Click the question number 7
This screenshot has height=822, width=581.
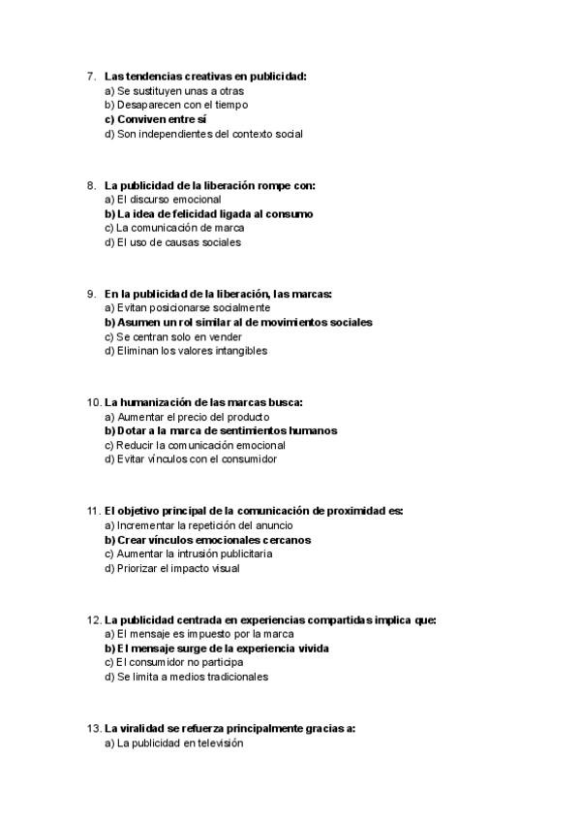click(91, 76)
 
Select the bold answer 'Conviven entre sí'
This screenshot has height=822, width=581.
click(155, 119)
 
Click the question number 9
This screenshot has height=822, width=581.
click(91, 293)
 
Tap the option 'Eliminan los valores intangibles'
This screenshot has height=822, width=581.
click(185, 351)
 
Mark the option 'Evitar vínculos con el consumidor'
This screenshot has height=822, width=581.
click(190, 459)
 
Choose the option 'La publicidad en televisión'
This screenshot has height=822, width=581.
click(173, 743)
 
